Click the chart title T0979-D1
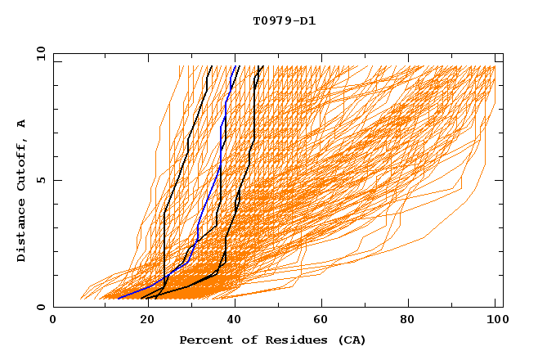tap(284, 20)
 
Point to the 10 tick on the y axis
tap(39, 52)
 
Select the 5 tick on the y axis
tap(39, 180)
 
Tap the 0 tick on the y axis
tap(39, 307)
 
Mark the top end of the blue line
tap(236, 66)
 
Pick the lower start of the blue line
tap(119, 297)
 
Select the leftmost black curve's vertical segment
tap(164, 245)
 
